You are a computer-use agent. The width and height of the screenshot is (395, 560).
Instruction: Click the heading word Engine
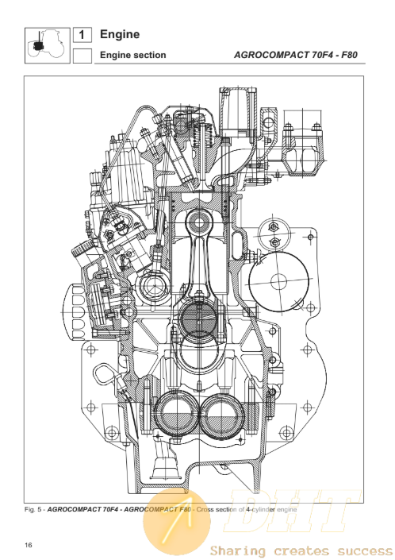click(120, 34)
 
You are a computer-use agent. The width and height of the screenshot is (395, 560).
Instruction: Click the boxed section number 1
click(82, 35)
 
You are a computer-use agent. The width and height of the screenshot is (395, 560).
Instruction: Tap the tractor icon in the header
click(48, 45)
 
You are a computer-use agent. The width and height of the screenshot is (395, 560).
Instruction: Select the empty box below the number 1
click(82, 56)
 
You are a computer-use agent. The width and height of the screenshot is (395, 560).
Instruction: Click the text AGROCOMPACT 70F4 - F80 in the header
click(296, 55)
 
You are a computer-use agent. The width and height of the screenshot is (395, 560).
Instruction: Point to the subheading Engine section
click(133, 55)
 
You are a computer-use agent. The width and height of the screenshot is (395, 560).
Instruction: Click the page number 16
click(29, 545)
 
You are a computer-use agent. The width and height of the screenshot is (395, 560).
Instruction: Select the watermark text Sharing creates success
click(301, 550)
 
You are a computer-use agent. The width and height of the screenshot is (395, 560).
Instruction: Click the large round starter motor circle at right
click(278, 282)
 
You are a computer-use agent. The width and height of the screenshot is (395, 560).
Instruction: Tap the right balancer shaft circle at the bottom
click(222, 415)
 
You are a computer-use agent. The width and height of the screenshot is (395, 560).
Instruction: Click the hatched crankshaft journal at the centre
click(199, 319)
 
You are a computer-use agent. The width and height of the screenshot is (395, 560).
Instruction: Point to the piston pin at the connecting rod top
click(199, 224)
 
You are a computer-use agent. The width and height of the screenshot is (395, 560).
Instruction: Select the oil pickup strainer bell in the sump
click(164, 464)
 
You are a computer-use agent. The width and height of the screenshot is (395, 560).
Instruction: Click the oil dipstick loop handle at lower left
click(105, 376)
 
